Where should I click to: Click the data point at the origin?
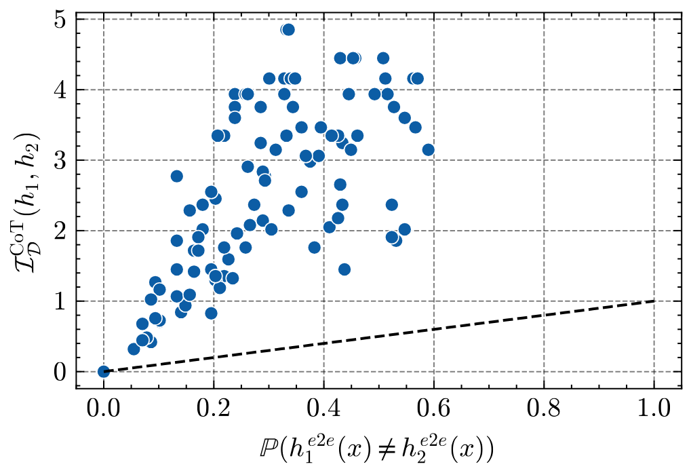tap(104, 371)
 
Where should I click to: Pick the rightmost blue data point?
tap(428, 150)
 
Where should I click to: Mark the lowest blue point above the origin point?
tap(134, 349)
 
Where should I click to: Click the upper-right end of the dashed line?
tap(654, 301)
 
